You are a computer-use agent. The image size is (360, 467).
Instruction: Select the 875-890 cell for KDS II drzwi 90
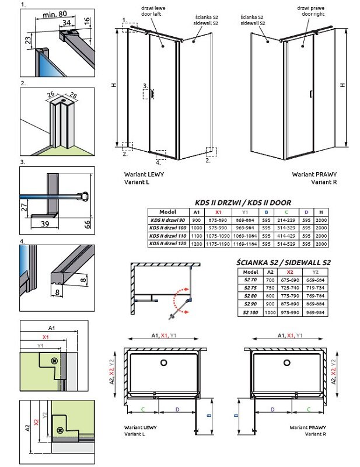click(x=219, y=219)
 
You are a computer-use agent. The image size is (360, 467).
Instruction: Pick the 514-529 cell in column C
click(x=286, y=243)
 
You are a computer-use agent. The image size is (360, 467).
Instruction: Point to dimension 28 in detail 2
click(x=72, y=95)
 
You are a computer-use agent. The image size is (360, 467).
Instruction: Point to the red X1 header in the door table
click(x=219, y=212)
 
